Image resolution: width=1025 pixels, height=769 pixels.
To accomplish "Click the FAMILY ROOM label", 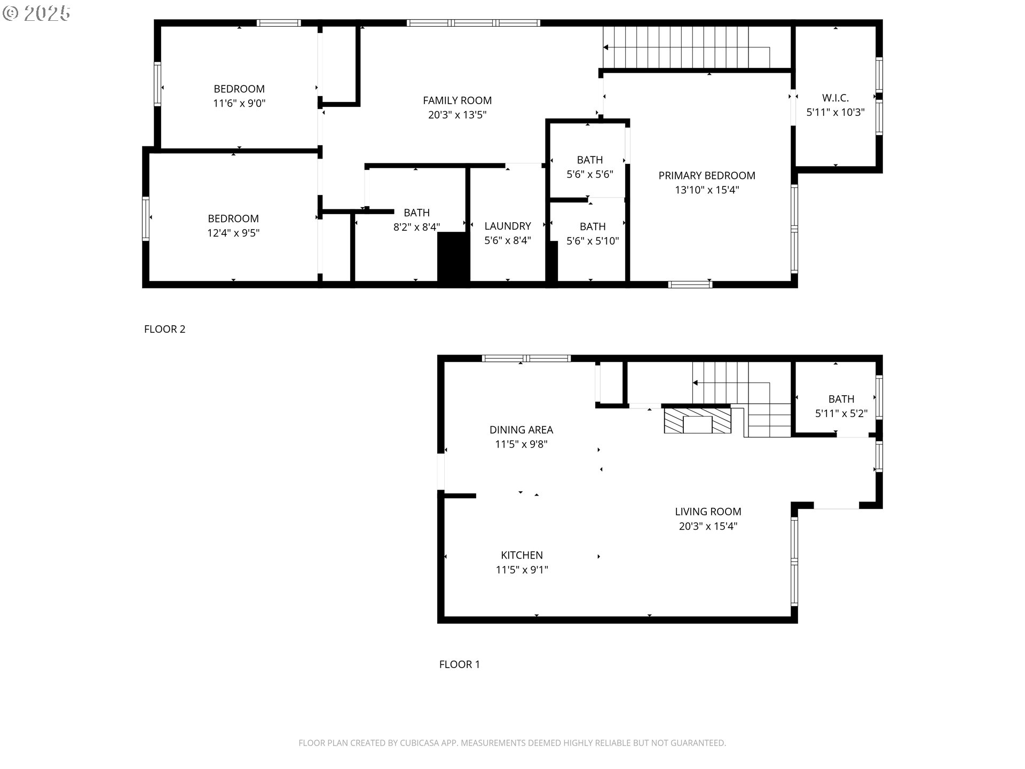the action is tap(458, 100).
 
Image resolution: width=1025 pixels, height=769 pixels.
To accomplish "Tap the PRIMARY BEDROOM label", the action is tap(707, 176).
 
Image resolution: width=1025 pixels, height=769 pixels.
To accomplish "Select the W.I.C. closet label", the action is tap(835, 98).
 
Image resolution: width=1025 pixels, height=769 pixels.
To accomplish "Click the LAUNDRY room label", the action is tap(508, 226).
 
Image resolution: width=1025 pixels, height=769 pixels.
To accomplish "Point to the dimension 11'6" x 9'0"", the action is tap(239, 103).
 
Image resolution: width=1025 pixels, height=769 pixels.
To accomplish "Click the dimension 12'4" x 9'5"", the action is tap(233, 233).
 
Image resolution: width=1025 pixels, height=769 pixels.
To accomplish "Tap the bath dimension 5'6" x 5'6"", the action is tap(590, 174).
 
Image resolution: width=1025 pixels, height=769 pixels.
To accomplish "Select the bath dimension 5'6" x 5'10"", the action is tap(593, 241).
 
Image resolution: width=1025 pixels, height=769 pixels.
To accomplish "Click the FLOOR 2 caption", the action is tap(165, 329).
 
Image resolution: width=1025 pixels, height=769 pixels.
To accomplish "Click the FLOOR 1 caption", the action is tap(460, 664).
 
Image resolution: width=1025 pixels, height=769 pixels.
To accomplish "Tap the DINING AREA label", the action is tap(522, 430).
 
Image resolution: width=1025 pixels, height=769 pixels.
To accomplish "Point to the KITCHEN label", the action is tap(522, 555).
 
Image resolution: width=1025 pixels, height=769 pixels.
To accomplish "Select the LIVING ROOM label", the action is tap(708, 512).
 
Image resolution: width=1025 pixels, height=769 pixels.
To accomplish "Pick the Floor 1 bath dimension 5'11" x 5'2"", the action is tap(841, 413).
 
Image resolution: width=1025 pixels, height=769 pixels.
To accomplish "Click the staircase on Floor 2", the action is tap(687, 48).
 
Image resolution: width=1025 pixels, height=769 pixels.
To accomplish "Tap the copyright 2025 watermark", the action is tap(36, 13).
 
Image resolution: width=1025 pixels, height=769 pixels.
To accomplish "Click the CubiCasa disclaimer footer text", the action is tap(512, 743).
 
